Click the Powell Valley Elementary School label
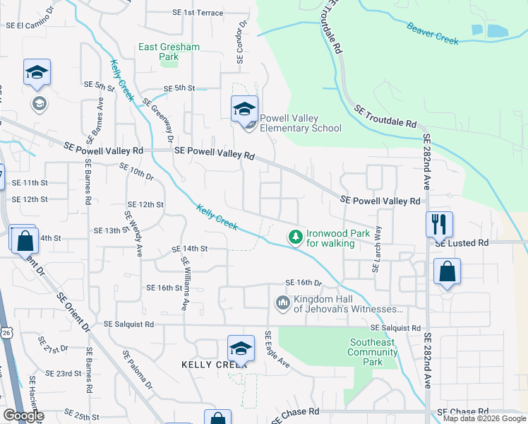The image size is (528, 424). pos(301,124)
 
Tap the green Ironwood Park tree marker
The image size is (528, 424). pos(296,237)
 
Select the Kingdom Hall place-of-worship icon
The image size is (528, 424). pos(282,303)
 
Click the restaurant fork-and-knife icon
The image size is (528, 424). pos(439,224)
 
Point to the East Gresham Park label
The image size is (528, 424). pos(169,52)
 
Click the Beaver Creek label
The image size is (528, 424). pos(433,33)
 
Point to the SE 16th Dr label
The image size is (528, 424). pos(304,283)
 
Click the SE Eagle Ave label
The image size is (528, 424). pos(277,349)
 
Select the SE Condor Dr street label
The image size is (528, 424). pos(241,42)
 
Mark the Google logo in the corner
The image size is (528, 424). pos(23,416)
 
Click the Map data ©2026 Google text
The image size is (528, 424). pos(484,418)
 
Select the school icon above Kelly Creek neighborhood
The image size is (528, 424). pos(241,348)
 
